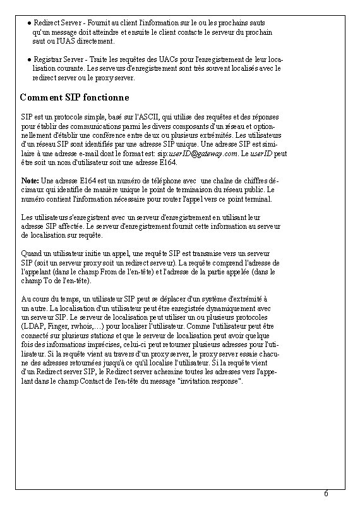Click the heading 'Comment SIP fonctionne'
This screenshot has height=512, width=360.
click(75, 98)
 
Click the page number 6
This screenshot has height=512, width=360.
click(326, 494)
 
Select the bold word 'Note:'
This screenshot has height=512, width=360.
click(30, 181)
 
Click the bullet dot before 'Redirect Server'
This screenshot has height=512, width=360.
click(29, 23)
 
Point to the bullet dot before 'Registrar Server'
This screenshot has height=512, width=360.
click(29, 59)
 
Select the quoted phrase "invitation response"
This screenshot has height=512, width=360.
click(208, 382)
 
